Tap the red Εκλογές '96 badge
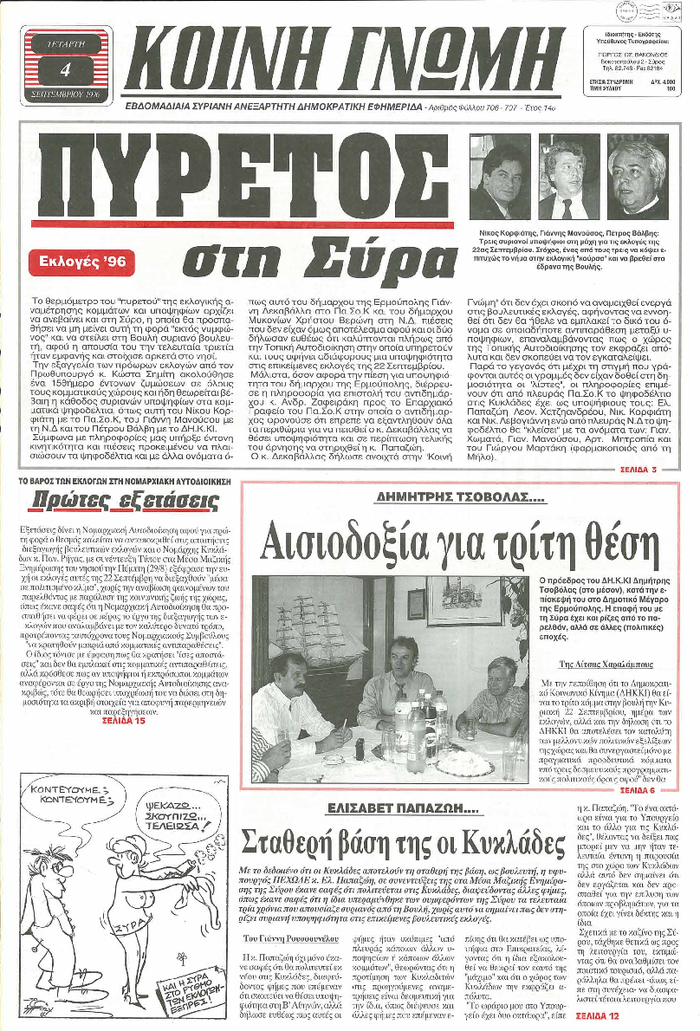pos(87,263)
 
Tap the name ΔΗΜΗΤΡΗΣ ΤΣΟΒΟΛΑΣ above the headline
pos(459,497)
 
